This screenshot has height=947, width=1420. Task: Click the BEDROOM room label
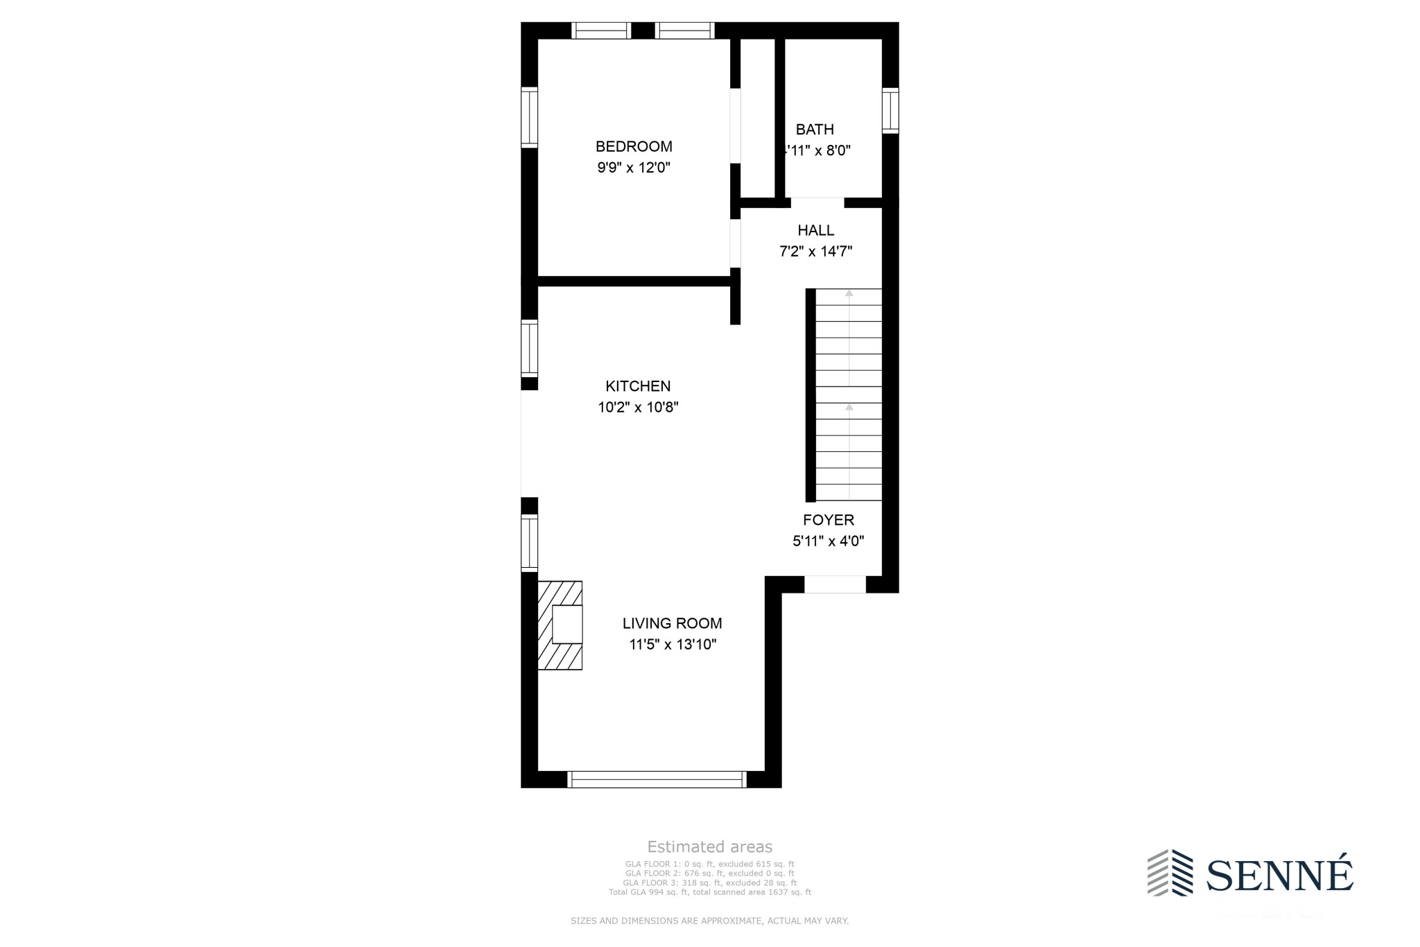pos(634,146)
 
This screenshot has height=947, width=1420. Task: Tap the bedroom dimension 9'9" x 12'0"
pos(634,167)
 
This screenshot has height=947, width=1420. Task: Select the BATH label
pos(815,129)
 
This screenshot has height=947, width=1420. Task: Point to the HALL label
pos(815,230)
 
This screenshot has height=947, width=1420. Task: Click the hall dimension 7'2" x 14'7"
pos(815,251)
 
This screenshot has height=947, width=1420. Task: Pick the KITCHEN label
pos(638,386)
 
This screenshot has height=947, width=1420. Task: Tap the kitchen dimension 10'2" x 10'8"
pos(638,407)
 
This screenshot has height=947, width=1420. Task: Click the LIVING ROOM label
pos(672,623)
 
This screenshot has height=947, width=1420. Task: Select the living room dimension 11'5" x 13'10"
pos(672,644)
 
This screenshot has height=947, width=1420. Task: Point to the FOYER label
pos(829,520)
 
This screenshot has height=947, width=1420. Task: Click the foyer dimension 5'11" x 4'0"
pos(829,541)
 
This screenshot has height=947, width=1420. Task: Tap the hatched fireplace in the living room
pos(560,625)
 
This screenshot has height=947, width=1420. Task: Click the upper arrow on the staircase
pos(849,294)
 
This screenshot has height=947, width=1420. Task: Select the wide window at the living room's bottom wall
pos(657,779)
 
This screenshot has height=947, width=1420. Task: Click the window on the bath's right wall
pos(890,111)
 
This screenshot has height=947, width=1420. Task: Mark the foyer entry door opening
pos(835,584)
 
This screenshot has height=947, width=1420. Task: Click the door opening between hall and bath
pos(817,202)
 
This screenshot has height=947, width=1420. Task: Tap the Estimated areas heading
pos(709,846)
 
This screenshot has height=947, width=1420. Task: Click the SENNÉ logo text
pos(1279,875)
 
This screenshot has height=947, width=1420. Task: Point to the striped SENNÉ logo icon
pos(1170,872)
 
